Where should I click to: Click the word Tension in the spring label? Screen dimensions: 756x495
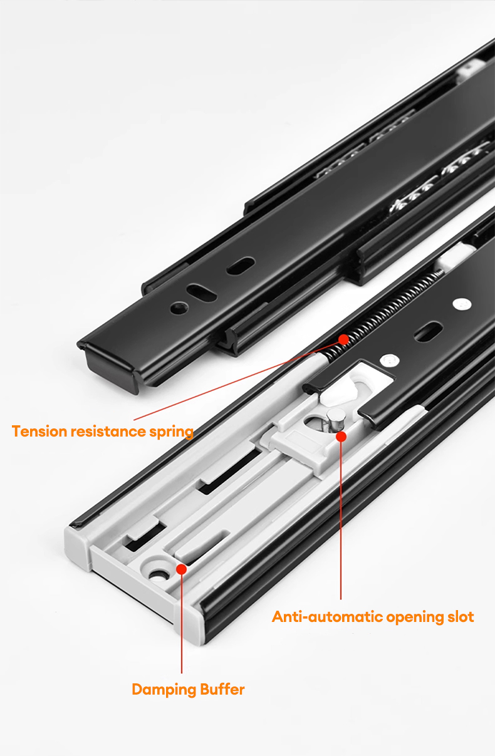pyautogui.click(x=39, y=432)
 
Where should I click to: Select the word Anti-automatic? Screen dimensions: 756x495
pyautogui.click(x=327, y=617)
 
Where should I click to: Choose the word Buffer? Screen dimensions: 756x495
pyautogui.click(x=222, y=690)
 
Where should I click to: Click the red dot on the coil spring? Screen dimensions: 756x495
pyautogui.click(x=343, y=339)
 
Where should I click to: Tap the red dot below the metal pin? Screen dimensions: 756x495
pyautogui.click(x=340, y=435)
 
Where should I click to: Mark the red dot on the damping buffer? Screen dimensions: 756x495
pyautogui.click(x=182, y=569)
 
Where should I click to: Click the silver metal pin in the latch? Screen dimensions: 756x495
pyautogui.click(x=332, y=420)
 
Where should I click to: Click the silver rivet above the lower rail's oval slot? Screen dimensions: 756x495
pyautogui.click(x=462, y=305)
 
